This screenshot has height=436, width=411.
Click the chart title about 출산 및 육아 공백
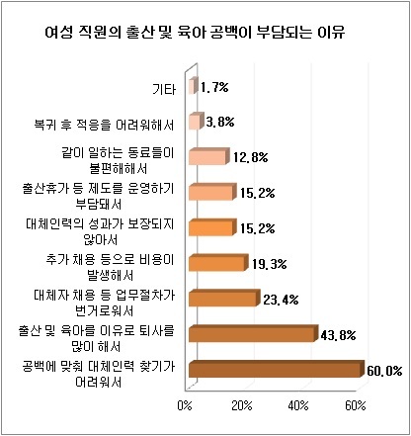click(195, 33)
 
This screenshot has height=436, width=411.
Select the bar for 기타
click(194, 86)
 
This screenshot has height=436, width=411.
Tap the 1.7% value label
click(214, 87)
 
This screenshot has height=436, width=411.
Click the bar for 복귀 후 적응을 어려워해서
click(195, 122)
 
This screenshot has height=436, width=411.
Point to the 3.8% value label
click(220, 123)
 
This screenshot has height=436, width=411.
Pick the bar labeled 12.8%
click(208, 156)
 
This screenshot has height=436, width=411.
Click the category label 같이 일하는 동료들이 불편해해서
click(118, 161)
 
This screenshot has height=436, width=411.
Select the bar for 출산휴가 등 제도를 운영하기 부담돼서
click(212, 192)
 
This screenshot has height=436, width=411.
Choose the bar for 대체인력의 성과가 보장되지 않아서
click(212, 227)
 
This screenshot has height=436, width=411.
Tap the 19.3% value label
click(270, 264)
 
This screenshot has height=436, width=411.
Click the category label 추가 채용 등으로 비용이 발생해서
click(110, 267)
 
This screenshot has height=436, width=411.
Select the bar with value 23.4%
click(224, 299)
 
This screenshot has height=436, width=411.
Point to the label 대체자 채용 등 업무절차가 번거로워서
click(104, 303)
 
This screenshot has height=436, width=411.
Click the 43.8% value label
click(338, 335)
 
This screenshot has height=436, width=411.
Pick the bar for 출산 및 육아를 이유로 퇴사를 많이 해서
click(254, 334)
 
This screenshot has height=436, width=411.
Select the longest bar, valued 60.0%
click(278, 370)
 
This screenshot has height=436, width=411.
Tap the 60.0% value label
click(384, 371)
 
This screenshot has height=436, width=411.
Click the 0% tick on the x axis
click(185, 405)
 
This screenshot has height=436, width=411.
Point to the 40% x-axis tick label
click(298, 405)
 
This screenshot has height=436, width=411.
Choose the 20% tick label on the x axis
click(242, 405)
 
